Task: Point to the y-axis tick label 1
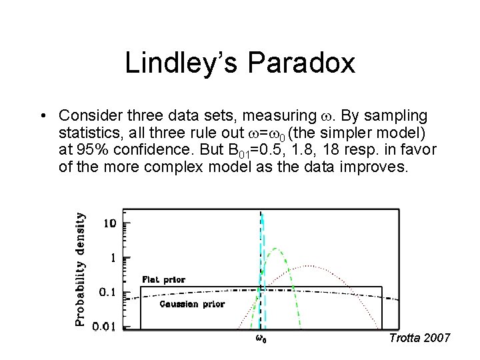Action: click(113, 257)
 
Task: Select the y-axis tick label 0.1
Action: click(108, 292)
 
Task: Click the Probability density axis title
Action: click(80, 269)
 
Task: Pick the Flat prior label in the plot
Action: click(163, 280)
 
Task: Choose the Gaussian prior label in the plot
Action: click(192, 304)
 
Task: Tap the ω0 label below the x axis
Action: click(262, 339)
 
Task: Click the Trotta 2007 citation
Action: click(419, 338)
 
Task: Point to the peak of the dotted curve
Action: click(310, 266)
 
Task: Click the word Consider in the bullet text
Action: click(87, 115)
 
